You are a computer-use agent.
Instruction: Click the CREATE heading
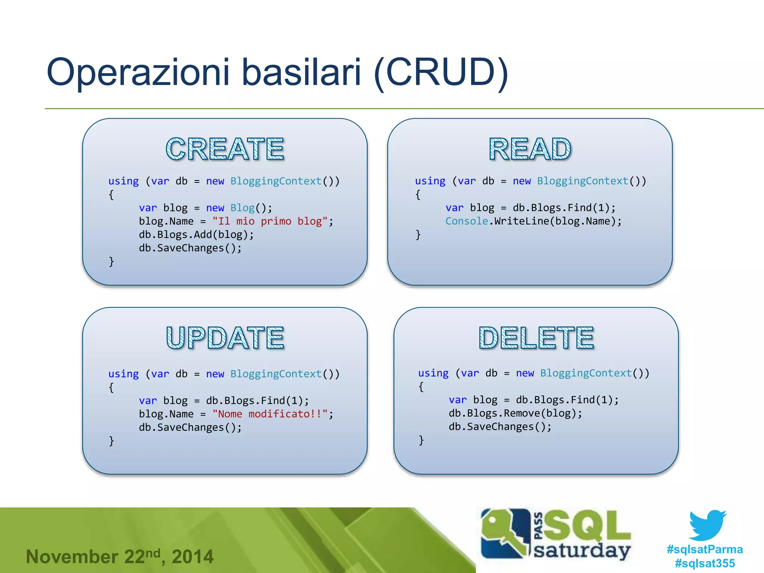(225, 149)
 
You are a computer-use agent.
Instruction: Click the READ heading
(530, 149)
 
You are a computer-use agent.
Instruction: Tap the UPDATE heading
(225, 338)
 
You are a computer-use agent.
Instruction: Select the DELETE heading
(536, 338)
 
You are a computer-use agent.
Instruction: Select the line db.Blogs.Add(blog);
(196, 235)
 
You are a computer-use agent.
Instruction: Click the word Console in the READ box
(467, 221)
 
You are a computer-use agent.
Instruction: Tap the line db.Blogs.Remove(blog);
(515, 413)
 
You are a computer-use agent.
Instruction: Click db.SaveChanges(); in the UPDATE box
(190, 428)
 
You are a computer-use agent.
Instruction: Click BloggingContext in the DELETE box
(586, 373)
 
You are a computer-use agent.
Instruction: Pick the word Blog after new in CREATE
(242, 208)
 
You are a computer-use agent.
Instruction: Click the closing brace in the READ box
(418, 235)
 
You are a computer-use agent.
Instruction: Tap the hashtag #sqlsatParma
(705, 549)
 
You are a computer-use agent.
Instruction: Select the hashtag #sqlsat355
(705, 563)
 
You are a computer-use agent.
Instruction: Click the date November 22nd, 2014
(119, 557)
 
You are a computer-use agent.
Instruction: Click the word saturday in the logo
(582, 551)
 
